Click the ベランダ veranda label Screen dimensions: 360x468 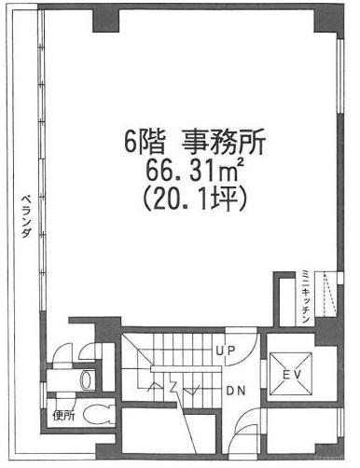coord(26,216)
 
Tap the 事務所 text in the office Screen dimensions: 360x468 coord(224,142)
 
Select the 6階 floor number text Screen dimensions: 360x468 coord(145,143)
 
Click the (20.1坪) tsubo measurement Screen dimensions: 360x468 coord(195,199)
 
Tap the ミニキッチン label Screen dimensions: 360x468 coord(306,297)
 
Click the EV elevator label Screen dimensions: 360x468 coord(292,376)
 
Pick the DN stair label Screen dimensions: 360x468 coord(236,391)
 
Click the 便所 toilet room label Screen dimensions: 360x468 coord(63,415)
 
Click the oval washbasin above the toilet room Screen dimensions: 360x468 coord(86,379)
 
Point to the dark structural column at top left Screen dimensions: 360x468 coord(106,21)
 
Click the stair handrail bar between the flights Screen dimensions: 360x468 coord(186,369)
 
